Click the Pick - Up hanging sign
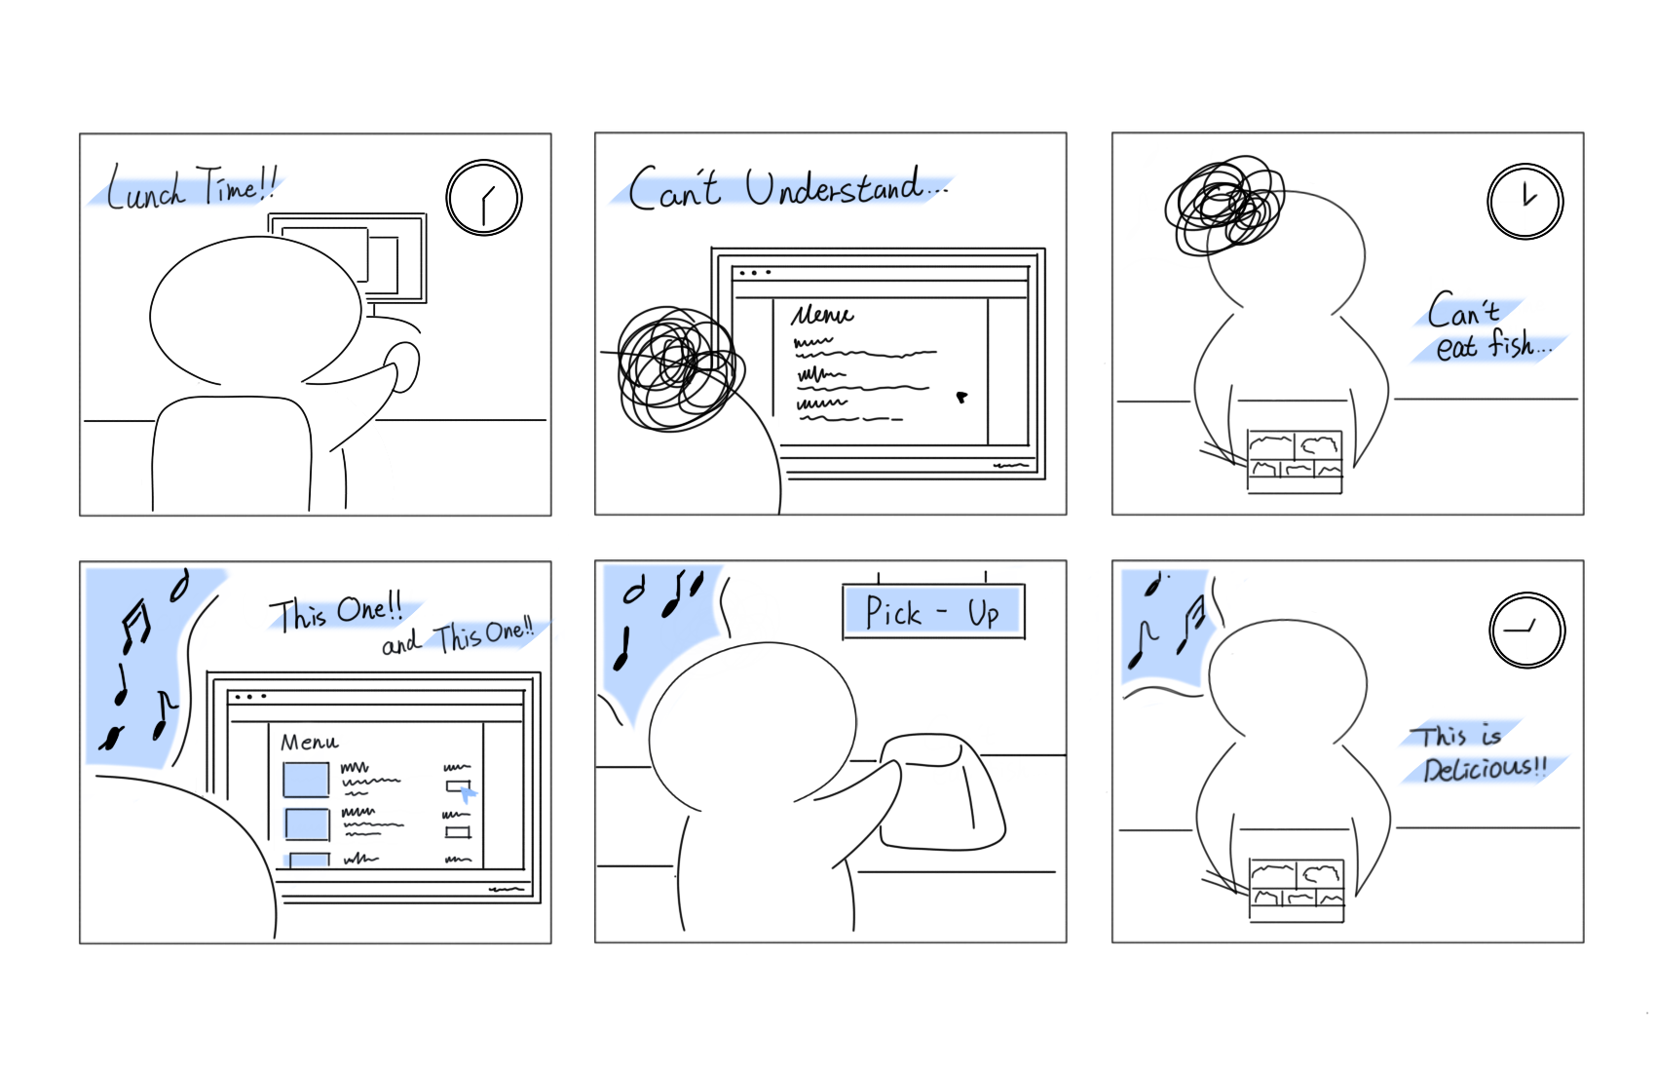tap(934, 612)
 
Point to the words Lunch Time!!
tap(192, 186)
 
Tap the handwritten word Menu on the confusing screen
tap(822, 315)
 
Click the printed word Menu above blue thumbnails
tap(310, 742)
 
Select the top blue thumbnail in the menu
tap(306, 780)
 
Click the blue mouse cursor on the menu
tap(468, 794)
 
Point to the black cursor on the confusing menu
tap(961, 398)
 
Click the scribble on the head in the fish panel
tap(1224, 205)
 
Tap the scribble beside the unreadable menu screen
tap(680, 368)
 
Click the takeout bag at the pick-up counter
tap(940, 791)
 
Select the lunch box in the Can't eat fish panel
tap(1295, 461)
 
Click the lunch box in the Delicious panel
tap(1297, 890)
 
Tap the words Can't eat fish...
tap(1488, 327)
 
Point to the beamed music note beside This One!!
tap(136, 626)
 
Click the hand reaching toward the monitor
tap(403, 367)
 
